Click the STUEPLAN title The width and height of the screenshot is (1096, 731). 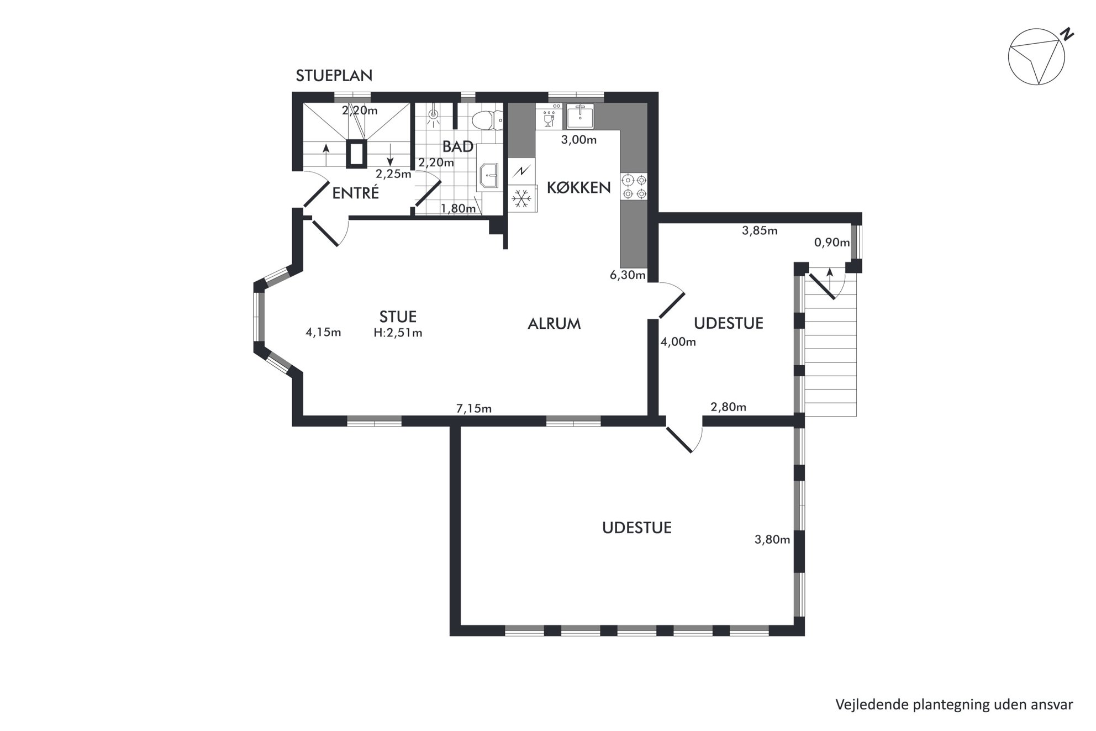pyautogui.click(x=334, y=76)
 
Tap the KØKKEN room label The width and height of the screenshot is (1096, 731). pyautogui.click(x=578, y=187)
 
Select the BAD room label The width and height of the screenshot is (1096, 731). pyautogui.click(x=457, y=146)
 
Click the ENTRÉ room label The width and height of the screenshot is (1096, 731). pyautogui.click(x=355, y=193)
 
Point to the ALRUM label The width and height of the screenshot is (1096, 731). pyautogui.click(x=554, y=324)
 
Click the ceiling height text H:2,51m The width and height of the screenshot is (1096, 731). pyautogui.click(x=398, y=333)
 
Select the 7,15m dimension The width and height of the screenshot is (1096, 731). pyautogui.click(x=473, y=409)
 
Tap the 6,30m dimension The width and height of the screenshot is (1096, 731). pyautogui.click(x=628, y=275)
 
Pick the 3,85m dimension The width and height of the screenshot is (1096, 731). pyautogui.click(x=760, y=230)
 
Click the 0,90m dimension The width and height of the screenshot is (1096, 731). pyautogui.click(x=832, y=242)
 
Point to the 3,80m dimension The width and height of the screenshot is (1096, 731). pyautogui.click(x=772, y=539)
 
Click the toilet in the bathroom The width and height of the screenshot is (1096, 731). pyautogui.click(x=488, y=119)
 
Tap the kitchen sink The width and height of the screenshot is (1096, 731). pyautogui.click(x=580, y=116)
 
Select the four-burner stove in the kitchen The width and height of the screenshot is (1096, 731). pyautogui.click(x=634, y=187)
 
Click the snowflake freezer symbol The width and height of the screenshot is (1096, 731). pyautogui.click(x=522, y=197)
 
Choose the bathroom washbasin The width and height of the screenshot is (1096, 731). pyautogui.click(x=489, y=175)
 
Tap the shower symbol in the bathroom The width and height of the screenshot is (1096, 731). pyautogui.click(x=434, y=116)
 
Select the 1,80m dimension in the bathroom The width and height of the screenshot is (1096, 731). pyautogui.click(x=458, y=208)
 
